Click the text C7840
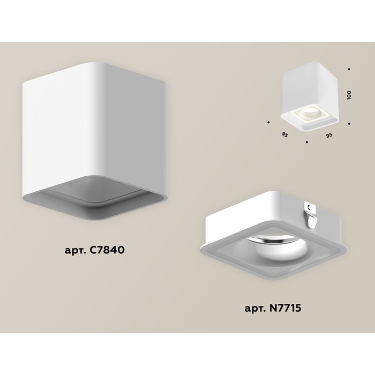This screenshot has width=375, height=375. [x=107, y=250]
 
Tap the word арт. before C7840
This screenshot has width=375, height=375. [x=75, y=251]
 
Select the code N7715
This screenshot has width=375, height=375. [x=286, y=308]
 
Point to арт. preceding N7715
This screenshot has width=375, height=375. [x=255, y=309]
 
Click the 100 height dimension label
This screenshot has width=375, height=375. [x=349, y=95]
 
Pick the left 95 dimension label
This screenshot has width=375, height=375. [x=284, y=134]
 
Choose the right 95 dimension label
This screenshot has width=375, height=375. [x=329, y=135]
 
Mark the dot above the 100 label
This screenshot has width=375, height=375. [x=349, y=69]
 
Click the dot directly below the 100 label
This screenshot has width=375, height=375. [x=349, y=124]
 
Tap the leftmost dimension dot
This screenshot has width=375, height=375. [x=268, y=122]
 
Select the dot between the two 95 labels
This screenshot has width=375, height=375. [x=307, y=142]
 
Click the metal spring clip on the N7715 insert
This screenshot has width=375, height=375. [x=311, y=214]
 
